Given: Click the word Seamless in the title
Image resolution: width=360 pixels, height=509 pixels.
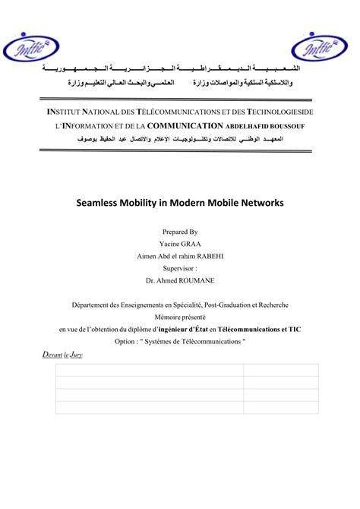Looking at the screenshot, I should [x=101, y=204].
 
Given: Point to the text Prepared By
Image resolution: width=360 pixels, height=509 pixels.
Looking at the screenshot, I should [x=180, y=232].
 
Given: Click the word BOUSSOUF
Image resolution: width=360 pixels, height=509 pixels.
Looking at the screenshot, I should [x=283, y=126].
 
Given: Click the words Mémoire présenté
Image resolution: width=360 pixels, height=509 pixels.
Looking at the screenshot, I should [x=180, y=318].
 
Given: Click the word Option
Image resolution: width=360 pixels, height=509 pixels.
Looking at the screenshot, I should [x=125, y=342].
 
